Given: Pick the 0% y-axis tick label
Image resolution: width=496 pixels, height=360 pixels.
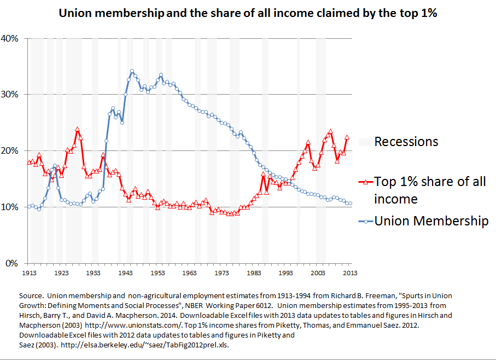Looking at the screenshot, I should (13, 263).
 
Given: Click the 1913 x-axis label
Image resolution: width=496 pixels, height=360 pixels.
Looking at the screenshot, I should (29, 272).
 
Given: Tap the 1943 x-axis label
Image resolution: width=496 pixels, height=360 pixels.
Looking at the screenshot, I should (126, 272).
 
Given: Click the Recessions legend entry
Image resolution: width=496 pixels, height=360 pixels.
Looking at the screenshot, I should (406, 142).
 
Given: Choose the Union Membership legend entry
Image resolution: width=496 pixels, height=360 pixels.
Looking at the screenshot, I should (431, 221).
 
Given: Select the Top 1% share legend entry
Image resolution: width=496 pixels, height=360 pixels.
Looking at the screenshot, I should (430, 189).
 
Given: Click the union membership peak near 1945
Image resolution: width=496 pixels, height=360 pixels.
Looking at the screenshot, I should (132, 71).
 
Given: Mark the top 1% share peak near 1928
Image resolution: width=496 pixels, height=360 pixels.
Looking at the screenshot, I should (77, 130).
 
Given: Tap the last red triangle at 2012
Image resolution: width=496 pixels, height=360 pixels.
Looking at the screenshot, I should (347, 137).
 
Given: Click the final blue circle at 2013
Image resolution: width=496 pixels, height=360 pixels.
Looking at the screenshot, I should (351, 204).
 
